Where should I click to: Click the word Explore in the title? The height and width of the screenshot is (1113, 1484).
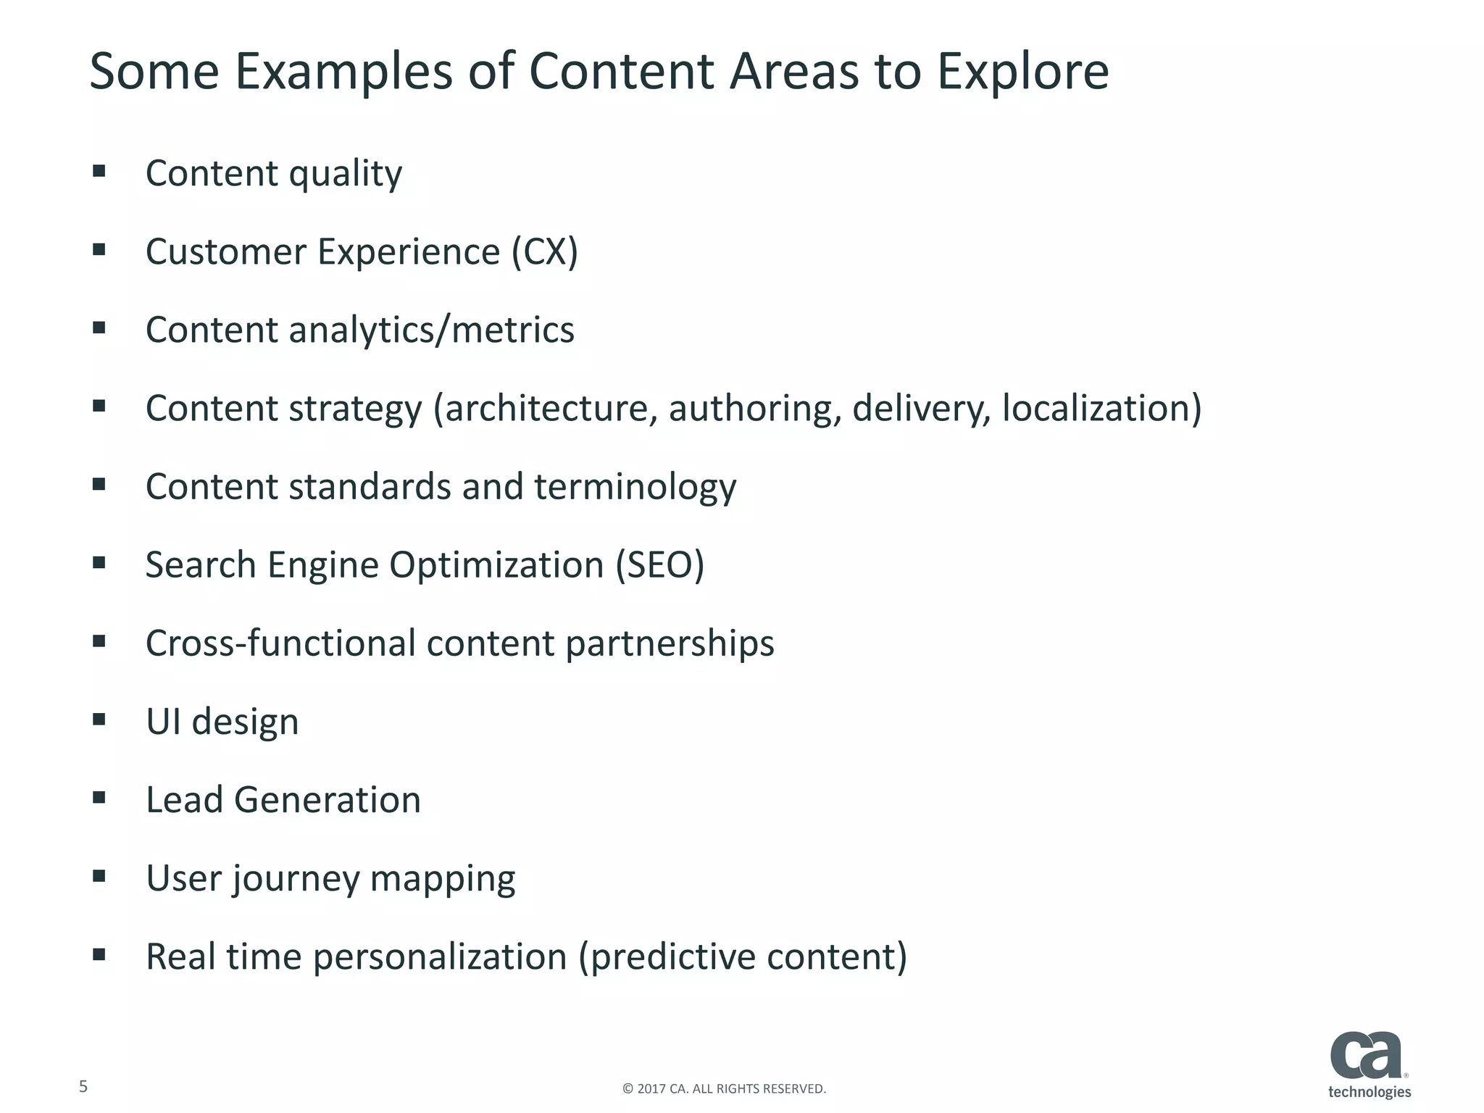tap(1022, 72)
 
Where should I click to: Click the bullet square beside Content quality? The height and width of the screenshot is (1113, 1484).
tap(99, 172)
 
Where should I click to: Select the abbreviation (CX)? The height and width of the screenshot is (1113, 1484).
tap(545, 252)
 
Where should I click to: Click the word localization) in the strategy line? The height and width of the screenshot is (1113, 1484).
tap(1101, 408)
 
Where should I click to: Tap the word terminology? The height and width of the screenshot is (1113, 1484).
tap(635, 487)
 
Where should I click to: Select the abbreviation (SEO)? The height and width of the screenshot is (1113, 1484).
tap(659, 565)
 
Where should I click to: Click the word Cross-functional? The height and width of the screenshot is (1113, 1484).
tap(280, 643)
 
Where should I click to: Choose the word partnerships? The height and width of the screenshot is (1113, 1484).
tap(670, 643)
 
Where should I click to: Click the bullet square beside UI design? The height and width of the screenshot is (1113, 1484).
tap(99, 720)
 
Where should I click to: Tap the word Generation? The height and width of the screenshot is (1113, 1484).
tap(327, 800)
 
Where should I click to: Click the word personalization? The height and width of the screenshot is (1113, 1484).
tap(440, 957)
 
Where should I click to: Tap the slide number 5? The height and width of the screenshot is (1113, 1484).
tap(83, 1086)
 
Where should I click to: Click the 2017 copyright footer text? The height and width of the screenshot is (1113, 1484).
tap(724, 1088)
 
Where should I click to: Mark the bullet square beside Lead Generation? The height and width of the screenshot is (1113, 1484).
tap(99, 798)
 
